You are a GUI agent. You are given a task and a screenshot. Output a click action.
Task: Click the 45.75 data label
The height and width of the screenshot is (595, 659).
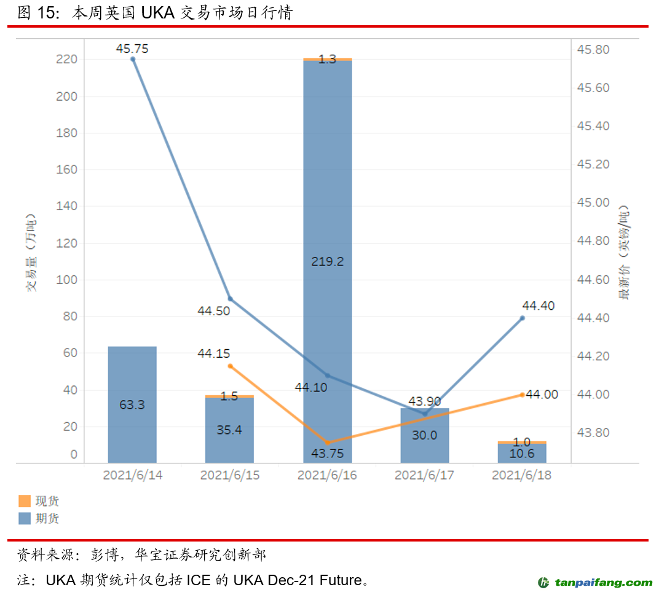pos(132,49)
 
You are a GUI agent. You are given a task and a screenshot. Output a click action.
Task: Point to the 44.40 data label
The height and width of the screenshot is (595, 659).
pos(539,305)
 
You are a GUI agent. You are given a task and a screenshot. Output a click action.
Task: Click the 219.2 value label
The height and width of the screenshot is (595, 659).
pos(328,261)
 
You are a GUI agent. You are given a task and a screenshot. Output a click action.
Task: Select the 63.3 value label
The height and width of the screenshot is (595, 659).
pos(132,405)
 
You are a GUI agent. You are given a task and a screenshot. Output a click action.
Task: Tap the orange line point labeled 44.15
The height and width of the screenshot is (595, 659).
pos(231,366)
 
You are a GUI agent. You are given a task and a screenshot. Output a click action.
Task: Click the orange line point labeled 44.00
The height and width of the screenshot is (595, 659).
pos(522,395)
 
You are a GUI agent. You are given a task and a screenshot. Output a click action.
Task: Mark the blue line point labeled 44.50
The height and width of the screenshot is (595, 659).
pos(230,299)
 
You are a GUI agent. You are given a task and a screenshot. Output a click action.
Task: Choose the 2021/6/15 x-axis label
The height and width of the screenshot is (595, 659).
pos(230,476)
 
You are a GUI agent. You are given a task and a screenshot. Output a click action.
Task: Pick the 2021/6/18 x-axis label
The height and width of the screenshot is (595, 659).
pos(522,476)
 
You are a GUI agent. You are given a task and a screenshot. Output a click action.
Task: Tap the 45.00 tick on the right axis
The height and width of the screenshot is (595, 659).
pos(593,203)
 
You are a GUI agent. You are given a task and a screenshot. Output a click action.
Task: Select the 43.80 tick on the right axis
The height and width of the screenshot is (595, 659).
pos(593,433)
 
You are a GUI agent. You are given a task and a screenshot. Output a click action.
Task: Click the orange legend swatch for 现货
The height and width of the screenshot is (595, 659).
pos(25,502)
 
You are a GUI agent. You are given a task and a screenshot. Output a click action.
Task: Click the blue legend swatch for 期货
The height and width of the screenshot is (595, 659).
pos(25,519)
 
